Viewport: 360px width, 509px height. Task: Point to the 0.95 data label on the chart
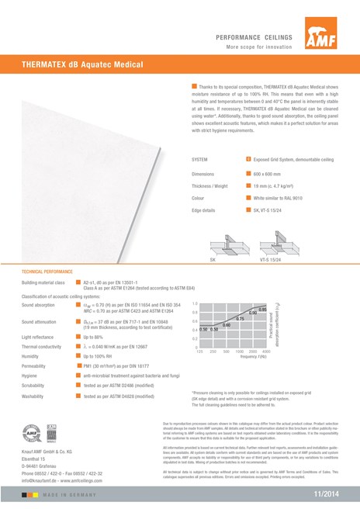[x=263, y=309]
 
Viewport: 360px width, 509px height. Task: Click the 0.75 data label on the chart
[x=241, y=319]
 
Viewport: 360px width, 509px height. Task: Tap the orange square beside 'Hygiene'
[x=78, y=376]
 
